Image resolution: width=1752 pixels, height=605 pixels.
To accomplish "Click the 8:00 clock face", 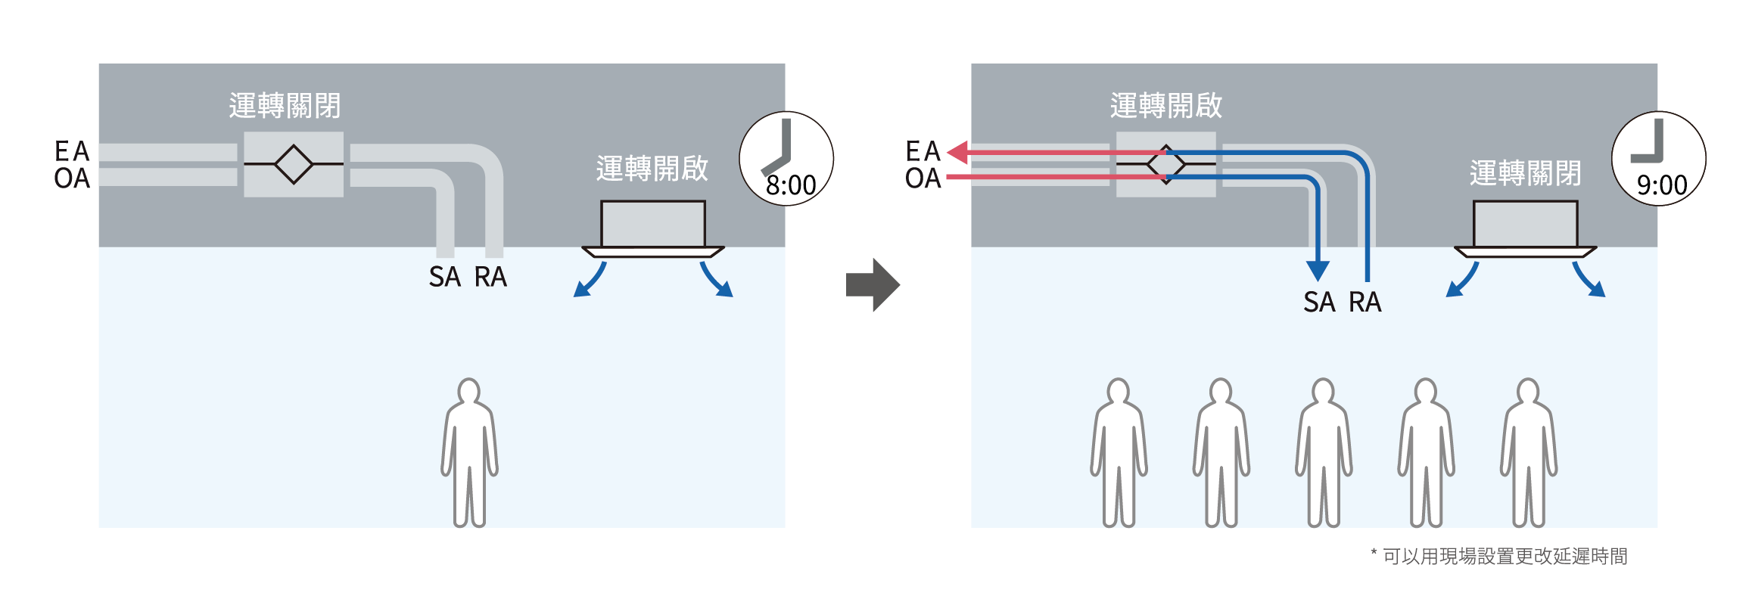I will (786, 159).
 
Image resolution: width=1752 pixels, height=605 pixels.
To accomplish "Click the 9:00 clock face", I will (1659, 159).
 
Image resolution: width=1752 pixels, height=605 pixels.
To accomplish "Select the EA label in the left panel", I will (72, 151).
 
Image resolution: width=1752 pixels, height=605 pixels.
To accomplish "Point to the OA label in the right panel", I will (923, 178).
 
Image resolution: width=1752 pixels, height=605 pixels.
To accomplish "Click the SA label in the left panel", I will (445, 277).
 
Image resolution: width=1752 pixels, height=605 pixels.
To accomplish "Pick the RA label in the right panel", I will (1365, 302).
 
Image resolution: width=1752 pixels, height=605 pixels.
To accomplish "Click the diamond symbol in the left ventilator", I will (294, 163).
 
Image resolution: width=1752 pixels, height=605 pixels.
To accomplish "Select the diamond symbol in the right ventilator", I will (1166, 164).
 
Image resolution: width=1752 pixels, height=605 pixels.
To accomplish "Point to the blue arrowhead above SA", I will (1318, 270).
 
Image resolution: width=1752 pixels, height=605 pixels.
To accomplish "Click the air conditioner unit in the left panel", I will (653, 227).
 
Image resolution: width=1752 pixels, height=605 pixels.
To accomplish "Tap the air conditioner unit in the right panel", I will (1526, 227).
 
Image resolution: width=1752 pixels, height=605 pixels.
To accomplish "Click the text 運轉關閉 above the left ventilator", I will (285, 106).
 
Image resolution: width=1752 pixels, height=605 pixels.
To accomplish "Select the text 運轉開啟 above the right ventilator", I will (1166, 106).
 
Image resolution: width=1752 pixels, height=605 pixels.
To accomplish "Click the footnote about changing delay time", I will (1498, 557).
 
